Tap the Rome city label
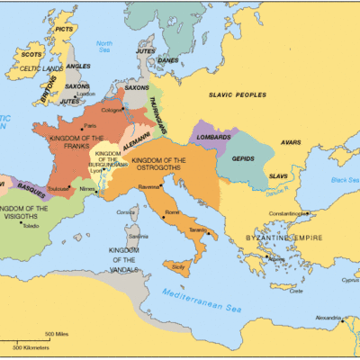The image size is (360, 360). [x=172, y=212]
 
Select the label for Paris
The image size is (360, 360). [x=90, y=126]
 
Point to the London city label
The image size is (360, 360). [x=86, y=94]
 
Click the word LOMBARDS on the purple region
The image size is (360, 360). [x=210, y=138]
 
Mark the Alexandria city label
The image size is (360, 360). [x=326, y=318]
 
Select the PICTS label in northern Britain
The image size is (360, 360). [x=64, y=29]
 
